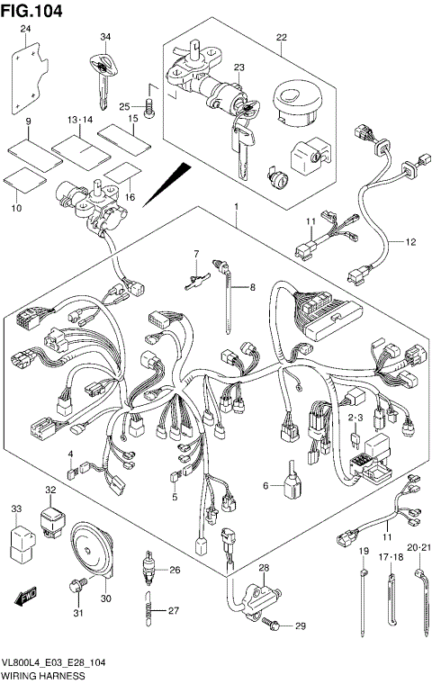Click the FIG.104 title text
31,11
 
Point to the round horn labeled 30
91,551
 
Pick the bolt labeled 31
76,584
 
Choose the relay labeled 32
52,519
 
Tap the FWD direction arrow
26,597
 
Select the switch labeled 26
148,569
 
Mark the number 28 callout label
264,568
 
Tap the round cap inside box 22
296,103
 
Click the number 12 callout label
410,242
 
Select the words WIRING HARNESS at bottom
43,675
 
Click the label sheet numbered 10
24,179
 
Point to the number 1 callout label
236,205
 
